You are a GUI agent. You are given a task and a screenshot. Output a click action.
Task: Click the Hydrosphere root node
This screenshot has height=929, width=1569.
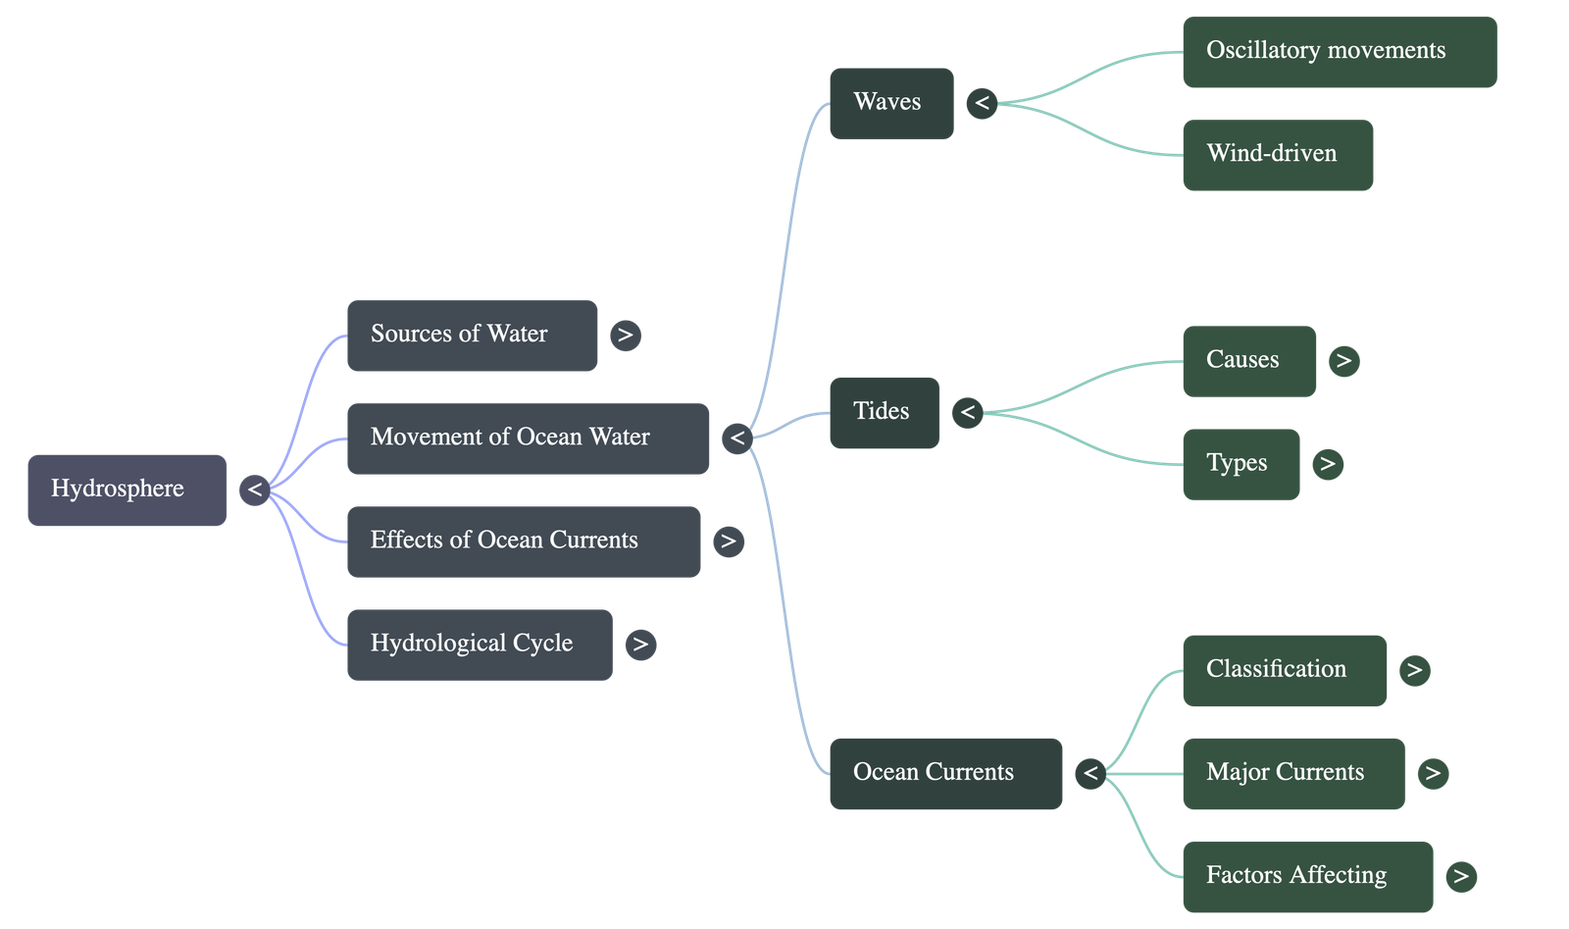click(127, 490)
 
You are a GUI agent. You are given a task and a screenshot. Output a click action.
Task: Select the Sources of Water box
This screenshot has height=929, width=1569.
click(472, 335)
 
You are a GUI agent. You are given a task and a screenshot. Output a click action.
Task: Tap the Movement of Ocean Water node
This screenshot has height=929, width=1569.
click(528, 439)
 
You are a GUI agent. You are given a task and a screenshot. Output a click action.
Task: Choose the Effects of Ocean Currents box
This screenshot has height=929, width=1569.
click(523, 542)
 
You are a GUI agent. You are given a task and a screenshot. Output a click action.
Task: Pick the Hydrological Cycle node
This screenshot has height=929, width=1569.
click(479, 645)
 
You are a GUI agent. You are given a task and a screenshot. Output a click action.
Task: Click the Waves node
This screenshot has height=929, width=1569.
click(890, 103)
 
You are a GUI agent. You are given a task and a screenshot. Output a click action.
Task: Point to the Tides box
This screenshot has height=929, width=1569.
click(884, 413)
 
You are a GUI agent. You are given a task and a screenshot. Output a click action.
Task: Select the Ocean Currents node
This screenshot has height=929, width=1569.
click(945, 773)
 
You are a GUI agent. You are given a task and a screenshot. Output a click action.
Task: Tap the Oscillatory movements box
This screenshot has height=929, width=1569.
click(1339, 52)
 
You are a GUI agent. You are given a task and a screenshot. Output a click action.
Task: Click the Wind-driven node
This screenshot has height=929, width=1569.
click(1277, 155)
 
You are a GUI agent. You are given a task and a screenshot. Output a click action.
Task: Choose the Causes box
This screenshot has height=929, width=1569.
click(1248, 361)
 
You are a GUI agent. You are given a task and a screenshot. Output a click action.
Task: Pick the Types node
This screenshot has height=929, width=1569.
click(1240, 464)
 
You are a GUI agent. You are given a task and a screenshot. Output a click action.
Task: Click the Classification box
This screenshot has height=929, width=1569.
click(1284, 670)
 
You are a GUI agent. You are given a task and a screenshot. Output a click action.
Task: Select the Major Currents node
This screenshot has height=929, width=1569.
click(1292, 773)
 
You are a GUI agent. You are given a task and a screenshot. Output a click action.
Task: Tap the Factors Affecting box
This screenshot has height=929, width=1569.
click(1306, 876)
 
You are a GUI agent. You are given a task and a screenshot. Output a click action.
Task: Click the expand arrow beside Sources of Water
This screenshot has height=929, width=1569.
click(625, 335)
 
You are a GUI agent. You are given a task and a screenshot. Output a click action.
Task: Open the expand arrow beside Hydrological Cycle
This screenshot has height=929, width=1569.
click(640, 645)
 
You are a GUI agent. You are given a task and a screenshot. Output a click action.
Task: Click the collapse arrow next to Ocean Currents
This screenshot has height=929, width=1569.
click(1089, 774)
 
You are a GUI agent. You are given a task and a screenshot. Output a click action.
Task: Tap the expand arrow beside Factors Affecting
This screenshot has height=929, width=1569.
click(1460, 876)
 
